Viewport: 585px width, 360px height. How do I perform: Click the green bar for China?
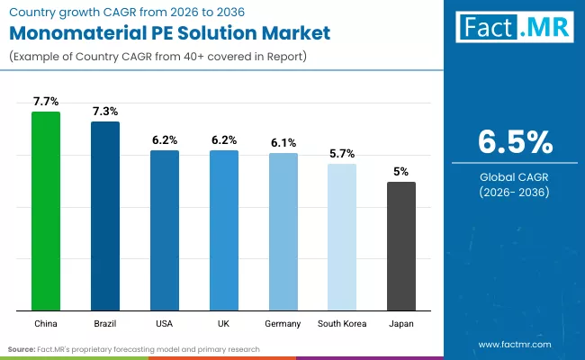pos(46,211)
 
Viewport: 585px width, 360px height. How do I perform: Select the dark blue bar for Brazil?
pos(105,216)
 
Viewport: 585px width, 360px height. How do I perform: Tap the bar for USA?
pos(165,229)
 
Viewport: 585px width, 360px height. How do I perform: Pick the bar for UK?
pos(224,229)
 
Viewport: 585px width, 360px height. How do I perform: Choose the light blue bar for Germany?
pos(283,231)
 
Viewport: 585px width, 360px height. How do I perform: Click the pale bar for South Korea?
pos(342,237)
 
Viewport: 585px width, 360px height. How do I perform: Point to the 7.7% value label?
pos(46,101)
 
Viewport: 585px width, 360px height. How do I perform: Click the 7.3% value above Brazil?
pos(105,111)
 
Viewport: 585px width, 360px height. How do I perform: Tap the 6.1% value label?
pos(283,142)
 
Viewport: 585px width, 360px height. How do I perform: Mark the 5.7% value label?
pos(342,153)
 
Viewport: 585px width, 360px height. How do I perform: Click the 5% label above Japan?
pos(401,171)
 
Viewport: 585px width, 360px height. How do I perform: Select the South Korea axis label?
pos(342,322)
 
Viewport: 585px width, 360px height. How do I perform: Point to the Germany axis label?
pos(283,322)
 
